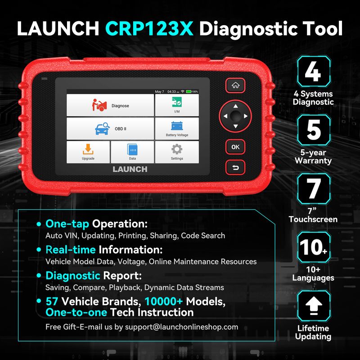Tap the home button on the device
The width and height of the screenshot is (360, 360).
coord(235,85)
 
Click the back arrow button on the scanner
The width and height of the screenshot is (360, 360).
coord(235,167)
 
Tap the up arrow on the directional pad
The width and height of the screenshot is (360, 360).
coord(235,106)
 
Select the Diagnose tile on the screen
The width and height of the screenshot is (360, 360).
coord(110,105)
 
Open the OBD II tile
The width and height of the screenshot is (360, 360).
coord(110,129)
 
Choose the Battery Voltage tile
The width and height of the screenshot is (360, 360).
coord(177,129)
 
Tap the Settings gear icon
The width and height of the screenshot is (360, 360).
coord(177,149)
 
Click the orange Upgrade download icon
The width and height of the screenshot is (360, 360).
coord(88,149)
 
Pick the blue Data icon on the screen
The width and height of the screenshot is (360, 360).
coord(132,150)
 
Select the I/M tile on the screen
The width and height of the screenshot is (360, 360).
coord(177,105)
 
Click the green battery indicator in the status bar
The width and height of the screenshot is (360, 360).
coord(189,92)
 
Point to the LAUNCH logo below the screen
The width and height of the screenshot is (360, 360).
coord(130,169)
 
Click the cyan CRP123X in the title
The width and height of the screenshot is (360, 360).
coord(149,28)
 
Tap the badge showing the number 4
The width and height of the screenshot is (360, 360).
coord(314,72)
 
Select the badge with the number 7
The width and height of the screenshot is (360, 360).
coord(314,189)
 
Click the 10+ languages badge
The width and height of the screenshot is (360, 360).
coord(314,247)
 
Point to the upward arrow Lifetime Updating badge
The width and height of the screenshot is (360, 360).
coord(314,306)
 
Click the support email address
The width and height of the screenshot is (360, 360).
coord(181,327)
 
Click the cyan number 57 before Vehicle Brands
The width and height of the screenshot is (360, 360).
coord(52,301)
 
